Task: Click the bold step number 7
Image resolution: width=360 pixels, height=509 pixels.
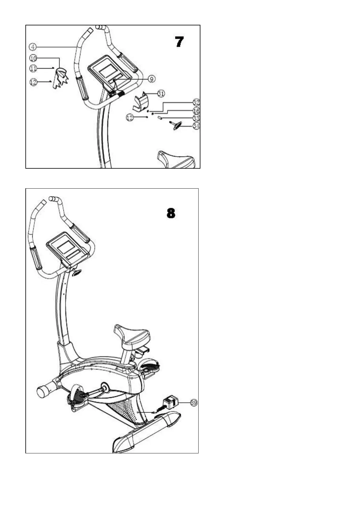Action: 179,42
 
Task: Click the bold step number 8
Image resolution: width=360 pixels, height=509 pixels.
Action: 171,213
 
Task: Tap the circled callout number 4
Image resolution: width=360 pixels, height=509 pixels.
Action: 33,47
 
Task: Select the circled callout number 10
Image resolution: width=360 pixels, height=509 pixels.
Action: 33,58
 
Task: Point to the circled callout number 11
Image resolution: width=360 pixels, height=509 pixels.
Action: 33,69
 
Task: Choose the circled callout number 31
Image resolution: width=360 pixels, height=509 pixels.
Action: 161,94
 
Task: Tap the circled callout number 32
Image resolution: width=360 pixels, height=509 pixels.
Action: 196,102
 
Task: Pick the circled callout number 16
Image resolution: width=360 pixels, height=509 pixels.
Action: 196,111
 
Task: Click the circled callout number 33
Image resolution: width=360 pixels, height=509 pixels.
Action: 196,118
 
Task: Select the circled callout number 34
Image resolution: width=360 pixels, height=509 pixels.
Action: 196,126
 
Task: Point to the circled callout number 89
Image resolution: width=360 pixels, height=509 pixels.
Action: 194,402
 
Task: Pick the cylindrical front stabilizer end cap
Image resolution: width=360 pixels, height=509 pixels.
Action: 43,392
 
